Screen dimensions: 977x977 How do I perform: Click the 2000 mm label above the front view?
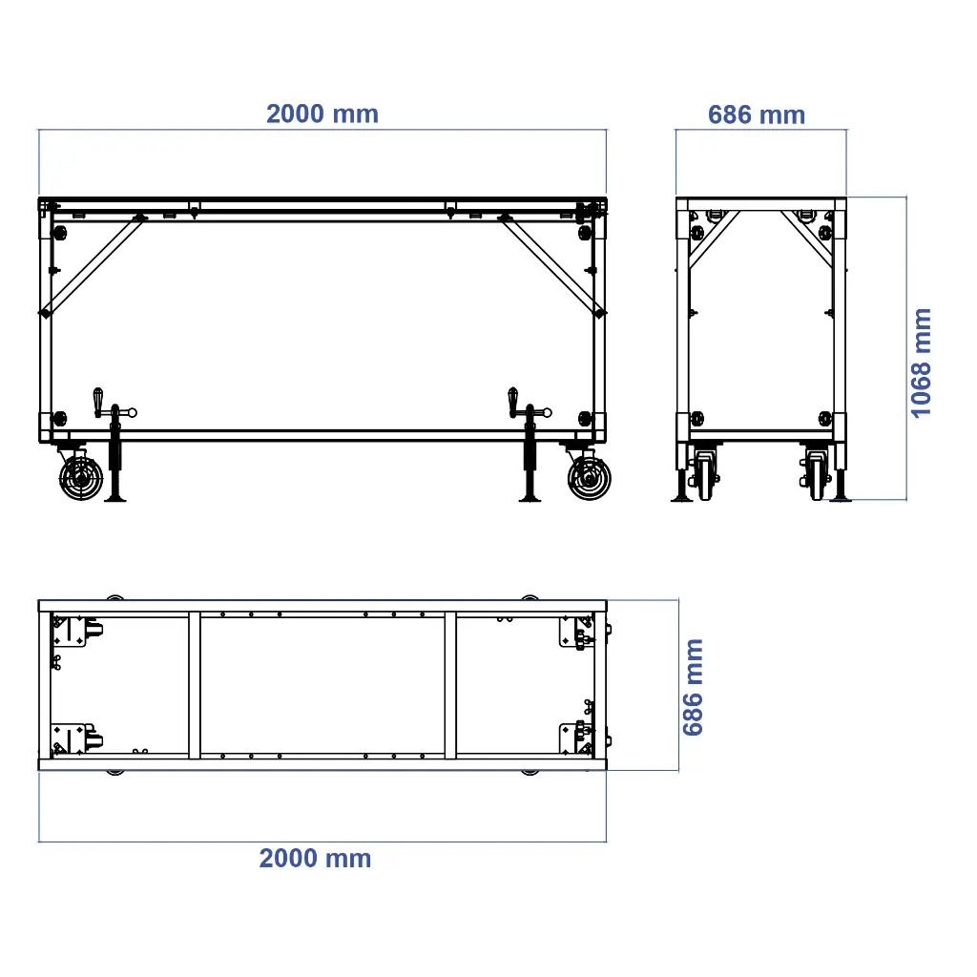pyautogui.click(x=322, y=114)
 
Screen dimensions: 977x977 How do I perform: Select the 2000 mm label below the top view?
pyautogui.click(x=315, y=859)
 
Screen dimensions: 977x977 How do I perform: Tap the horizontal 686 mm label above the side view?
pyautogui.click(x=757, y=115)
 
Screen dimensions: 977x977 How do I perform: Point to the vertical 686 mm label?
pyautogui.click(x=694, y=687)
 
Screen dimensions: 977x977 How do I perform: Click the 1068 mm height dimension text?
pyautogui.click(x=921, y=363)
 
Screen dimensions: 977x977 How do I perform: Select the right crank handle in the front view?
pyautogui.click(x=513, y=402)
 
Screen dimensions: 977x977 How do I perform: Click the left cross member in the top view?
pyautogui.click(x=195, y=685)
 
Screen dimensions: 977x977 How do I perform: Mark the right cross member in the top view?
pyautogui.click(x=450, y=685)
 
